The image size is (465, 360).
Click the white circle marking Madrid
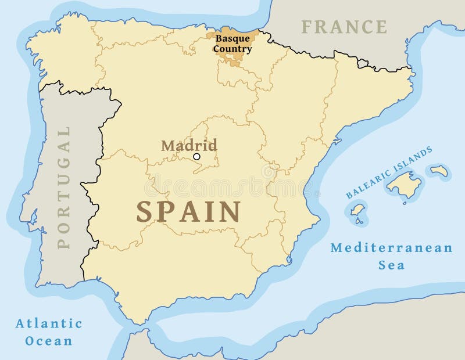coord(196,156)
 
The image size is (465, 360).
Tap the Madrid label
coord(189,145)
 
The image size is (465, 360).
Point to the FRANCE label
coord(344,27)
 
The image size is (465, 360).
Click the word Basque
coord(233,38)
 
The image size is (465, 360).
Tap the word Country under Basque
coord(232,49)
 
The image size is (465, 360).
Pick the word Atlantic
coord(49,323)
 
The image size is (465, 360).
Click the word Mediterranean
coord(391,248)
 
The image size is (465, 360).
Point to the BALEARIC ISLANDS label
coord(389,173)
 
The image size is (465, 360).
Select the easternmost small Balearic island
coord(439,171)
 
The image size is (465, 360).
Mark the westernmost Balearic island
coord(357,212)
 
